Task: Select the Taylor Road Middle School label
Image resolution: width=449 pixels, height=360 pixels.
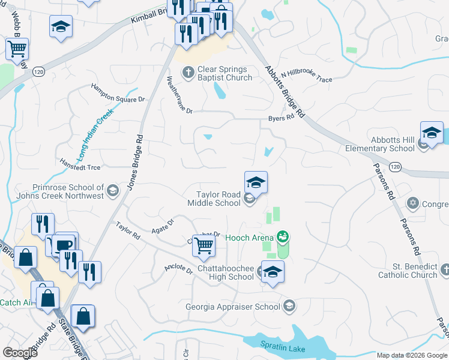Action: coord(218,199)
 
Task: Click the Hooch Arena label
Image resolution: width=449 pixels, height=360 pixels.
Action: coord(249,238)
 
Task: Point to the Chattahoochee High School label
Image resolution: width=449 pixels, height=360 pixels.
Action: coord(224,272)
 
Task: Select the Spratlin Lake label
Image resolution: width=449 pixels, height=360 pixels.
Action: coord(284,348)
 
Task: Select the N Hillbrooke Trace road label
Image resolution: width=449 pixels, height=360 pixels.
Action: coord(306,75)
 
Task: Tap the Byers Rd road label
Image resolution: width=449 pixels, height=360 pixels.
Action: coord(281,118)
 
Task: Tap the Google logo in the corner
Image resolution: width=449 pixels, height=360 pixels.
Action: coord(20,353)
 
